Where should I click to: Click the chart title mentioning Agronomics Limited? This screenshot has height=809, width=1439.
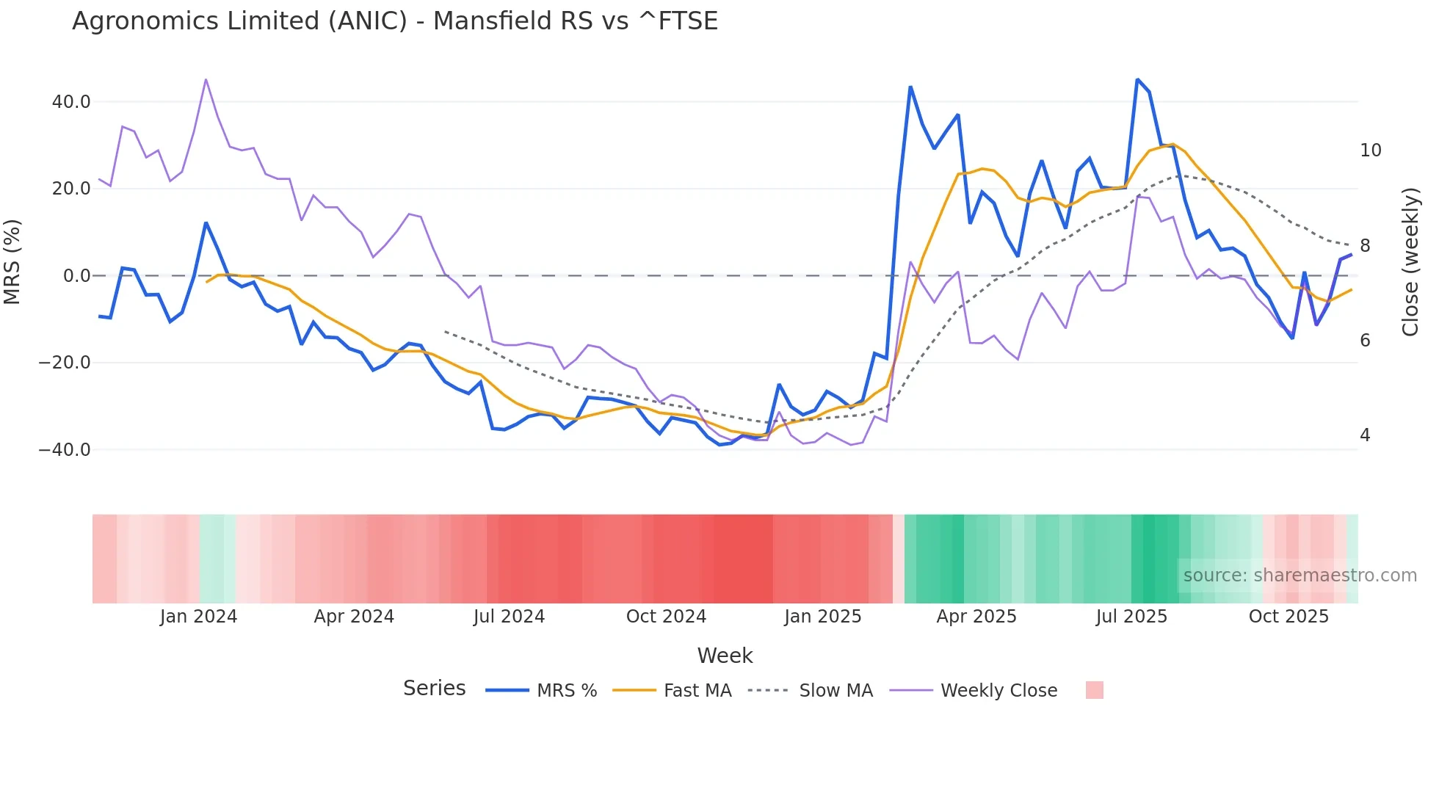[395, 21]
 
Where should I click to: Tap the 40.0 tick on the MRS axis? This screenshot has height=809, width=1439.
[71, 102]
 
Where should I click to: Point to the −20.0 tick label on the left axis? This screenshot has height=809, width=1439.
[65, 363]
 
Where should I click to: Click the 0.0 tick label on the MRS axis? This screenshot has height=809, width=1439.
[76, 276]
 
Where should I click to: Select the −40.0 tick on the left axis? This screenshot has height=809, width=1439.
[65, 449]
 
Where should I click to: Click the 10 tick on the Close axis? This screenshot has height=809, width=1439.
[1370, 150]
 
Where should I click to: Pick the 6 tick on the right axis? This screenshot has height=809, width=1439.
[1365, 340]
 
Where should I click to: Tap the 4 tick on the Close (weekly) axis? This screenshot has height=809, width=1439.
[1365, 435]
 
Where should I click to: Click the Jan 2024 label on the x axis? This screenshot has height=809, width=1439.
[198, 617]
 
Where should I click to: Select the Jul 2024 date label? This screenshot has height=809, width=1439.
[509, 617]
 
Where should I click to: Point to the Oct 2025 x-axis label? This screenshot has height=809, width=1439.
[1288, 617]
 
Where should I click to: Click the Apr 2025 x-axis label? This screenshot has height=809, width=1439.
[976, 617]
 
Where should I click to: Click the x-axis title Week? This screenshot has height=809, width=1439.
[725, 656]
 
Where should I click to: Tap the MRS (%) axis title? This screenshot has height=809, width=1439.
[12, 261]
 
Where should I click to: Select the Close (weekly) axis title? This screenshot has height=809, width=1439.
[1410, 261]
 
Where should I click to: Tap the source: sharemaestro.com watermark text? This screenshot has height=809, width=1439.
[1300, 576]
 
